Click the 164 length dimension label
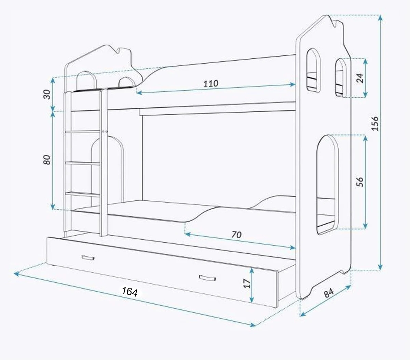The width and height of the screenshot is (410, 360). [129, 291]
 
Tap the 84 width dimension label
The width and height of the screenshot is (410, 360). [328, 293]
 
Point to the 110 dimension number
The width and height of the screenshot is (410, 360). [211, 83]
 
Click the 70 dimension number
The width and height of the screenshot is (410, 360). [236, 235]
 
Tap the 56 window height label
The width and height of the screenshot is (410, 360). [359, 182]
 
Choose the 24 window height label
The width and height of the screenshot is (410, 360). [359, 78]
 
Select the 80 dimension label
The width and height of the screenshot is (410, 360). [47, 160]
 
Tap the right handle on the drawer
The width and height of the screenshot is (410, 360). [208, 278]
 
